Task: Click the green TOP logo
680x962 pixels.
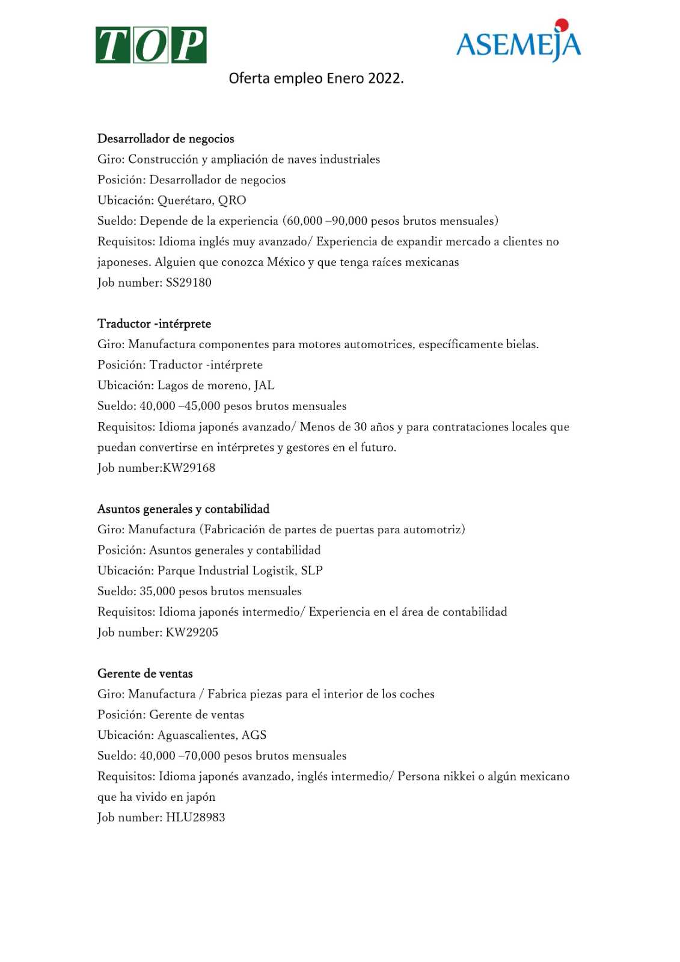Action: pyautogui.click(x=151, y=45)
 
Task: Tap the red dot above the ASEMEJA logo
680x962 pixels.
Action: pyautogui.click(x=562, y=25)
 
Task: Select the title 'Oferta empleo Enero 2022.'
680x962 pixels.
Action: pyautogui.click(x=316, y=78)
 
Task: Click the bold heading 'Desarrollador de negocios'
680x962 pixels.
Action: pyautogui.click(x=166, y=139)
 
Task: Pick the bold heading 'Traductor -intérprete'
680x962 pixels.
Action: pyautogui.click(x=155, y=324)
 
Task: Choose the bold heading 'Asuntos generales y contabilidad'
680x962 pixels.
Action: pyautogui.click(x=183, y=509)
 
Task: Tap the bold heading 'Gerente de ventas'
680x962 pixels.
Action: pyautogui.click(x=145, y=674)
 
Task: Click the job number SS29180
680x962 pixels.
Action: pyautogui.click(x=188, y=283)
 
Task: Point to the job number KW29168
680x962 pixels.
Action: pyautogui.click(x=189, y=468)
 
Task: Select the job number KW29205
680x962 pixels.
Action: pyautogui.click(x=192, y=633)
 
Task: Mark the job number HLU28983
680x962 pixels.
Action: pyautogui.click(x=195, y=818)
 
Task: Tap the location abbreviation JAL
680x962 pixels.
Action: pyautogui.click(x=264, y=385)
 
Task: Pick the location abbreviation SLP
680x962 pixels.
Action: pyautogui.click(x=311, y=571)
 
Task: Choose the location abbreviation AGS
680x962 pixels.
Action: pyautogui.click(x=254, y=735)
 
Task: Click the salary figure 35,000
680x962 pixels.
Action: pyautogui.click(x=157, y=591)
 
